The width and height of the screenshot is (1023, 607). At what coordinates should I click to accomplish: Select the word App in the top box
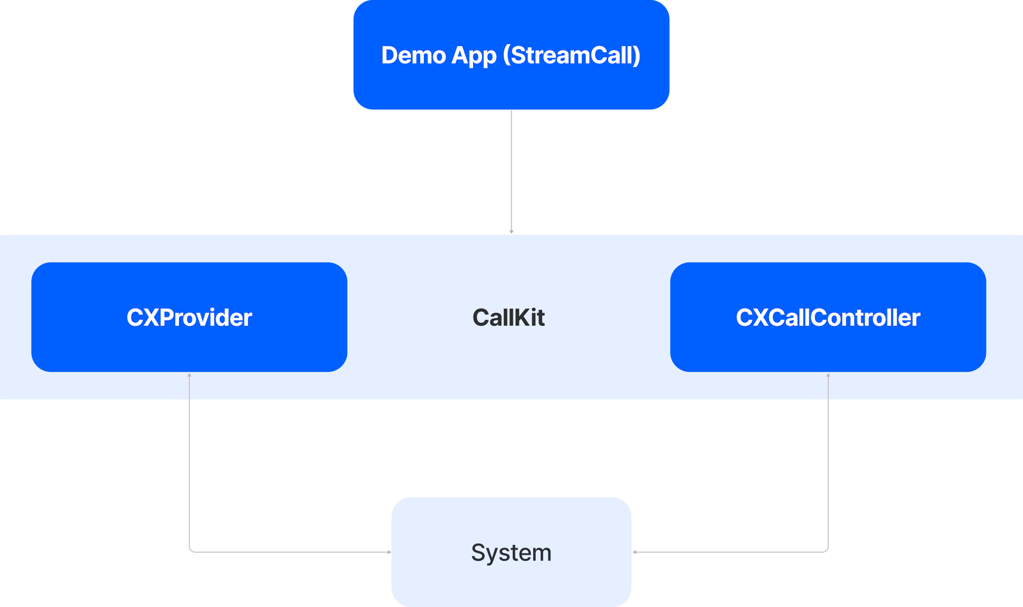(x=474, y=56)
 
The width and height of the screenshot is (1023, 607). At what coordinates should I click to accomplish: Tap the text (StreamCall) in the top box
(x=572, y=56)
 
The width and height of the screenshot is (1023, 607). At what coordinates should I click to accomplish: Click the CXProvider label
(x=189, y=318)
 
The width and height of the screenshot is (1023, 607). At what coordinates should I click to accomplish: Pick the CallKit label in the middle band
(x=508, y=318)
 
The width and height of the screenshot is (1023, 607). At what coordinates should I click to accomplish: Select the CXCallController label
(x=827, y=318)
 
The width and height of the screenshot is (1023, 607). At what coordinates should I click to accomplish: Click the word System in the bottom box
(x=511, y=553)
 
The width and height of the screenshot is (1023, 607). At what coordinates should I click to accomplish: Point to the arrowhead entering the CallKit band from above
(x=511, y=232)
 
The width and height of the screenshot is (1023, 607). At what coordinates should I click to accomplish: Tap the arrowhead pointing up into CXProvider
(x=189, y=375)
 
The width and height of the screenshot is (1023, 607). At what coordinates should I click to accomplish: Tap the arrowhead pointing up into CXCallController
(x=828, y=375)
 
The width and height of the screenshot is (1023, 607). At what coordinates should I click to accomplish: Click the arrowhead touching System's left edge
(x=389, y=552)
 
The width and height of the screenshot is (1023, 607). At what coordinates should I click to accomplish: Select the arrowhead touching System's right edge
(x=634, y=552)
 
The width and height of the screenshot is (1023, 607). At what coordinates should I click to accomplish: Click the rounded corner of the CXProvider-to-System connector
(x=191, y=550)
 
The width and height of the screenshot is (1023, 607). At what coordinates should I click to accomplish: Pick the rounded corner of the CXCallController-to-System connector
(x=827, y=550)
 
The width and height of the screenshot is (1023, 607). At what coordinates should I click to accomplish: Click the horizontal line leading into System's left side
(x=288, y=552)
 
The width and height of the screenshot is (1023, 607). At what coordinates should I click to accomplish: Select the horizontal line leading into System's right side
(x=729, y=552)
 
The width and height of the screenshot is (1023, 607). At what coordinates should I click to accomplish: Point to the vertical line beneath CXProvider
(x=189, y=460)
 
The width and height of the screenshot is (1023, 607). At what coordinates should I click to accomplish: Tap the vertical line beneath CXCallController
(x=828, y=460)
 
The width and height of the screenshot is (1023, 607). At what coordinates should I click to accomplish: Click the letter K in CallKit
(x=518, y=318)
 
